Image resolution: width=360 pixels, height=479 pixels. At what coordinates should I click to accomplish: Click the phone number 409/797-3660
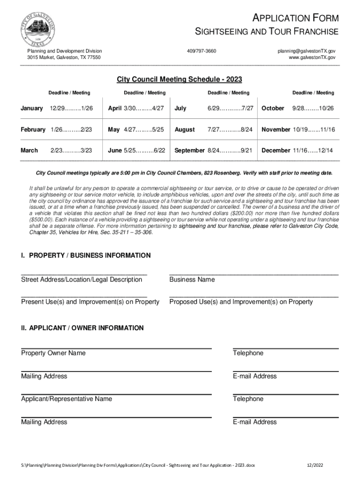click(x=202, y=51)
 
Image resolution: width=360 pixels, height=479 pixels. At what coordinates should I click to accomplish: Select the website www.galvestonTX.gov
click(x=312, y=57)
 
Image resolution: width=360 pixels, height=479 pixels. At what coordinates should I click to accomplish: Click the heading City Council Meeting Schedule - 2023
click(x=179, y=80)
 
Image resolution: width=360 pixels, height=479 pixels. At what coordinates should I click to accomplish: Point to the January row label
click(x=32, y=108)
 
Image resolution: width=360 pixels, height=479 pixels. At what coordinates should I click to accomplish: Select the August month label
click(x=185, y=129)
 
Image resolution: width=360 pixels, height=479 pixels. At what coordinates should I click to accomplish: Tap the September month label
click(x=189, y=151)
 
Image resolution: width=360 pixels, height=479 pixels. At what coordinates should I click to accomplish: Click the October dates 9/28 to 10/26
click(x=313, y=108)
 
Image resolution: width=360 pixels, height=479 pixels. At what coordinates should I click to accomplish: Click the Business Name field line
click(x=253, y=273)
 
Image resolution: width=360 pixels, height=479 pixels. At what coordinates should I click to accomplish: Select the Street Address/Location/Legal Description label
click(x=81, y=279)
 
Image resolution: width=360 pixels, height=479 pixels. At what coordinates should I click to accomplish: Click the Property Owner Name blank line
click(x=116, y=348)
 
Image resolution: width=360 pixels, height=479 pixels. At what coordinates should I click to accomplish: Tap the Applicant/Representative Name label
click(x=66, y=399)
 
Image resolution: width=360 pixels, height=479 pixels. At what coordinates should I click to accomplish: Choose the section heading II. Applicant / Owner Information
click(x=82, y=328)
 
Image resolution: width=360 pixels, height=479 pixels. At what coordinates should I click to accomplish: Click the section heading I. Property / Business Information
click(x=86, y=255)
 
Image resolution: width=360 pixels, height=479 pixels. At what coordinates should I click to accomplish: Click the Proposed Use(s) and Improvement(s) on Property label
click(x=241, y=302)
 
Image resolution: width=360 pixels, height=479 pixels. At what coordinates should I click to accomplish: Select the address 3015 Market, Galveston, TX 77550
click(x=64, y=57)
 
